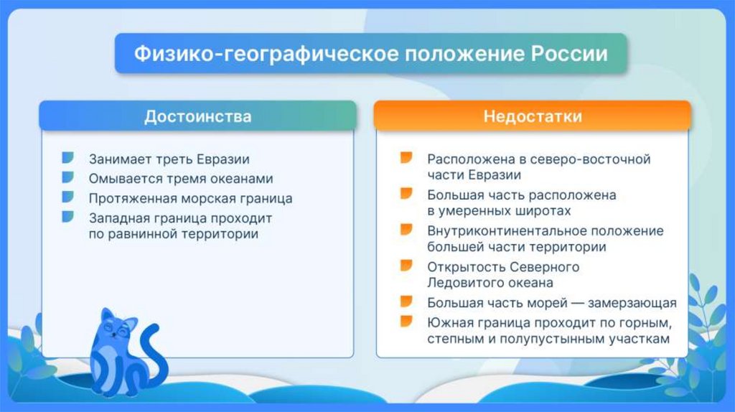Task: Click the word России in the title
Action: pos(569,53)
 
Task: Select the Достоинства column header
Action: pos(198,116)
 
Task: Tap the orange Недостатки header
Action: pos(533,116)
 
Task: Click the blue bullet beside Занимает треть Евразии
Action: pos(68,157)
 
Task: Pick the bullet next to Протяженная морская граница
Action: pos(68,197)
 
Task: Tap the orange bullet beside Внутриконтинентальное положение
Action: pos(406,230)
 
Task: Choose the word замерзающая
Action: pos(632,304)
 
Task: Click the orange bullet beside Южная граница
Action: pos(406,322)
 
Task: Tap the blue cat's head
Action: pos(116,327)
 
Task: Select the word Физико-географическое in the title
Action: pos(266,54)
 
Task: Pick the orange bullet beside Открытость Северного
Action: pos(406,266)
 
